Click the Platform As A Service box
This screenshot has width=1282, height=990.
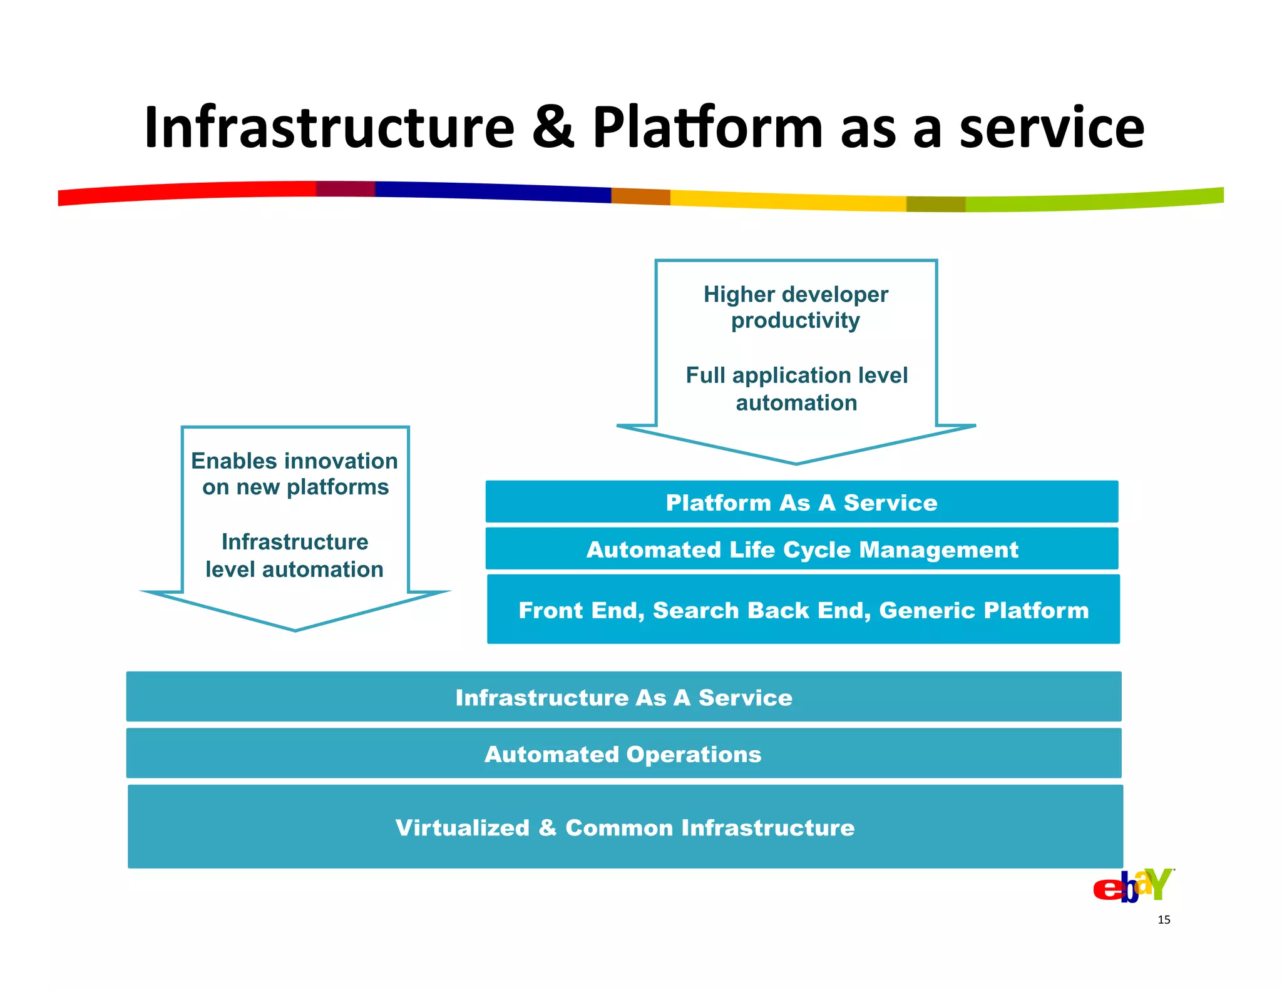(x=801, y=502)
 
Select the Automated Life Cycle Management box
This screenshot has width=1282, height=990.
(x=801, y=549)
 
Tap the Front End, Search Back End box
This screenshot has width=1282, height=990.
(x=803, y=610)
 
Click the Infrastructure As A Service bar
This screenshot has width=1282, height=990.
(x=623, y=697)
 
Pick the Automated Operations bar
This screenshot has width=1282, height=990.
(x=623, y=753)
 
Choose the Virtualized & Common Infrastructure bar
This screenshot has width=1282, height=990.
(x=625, y=827)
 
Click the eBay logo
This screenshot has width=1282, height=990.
(x=1133, y=885)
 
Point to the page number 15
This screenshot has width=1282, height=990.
(x=1164, y=919)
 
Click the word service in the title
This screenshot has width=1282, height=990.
(x=1052, y=128)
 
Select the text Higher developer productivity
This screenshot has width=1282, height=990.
(x=796, y=307)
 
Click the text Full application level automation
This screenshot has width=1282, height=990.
(x=796, y=389)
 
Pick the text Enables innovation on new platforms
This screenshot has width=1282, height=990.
(x=295, y=474)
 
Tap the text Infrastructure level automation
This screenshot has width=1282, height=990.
(x=295, y=555)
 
